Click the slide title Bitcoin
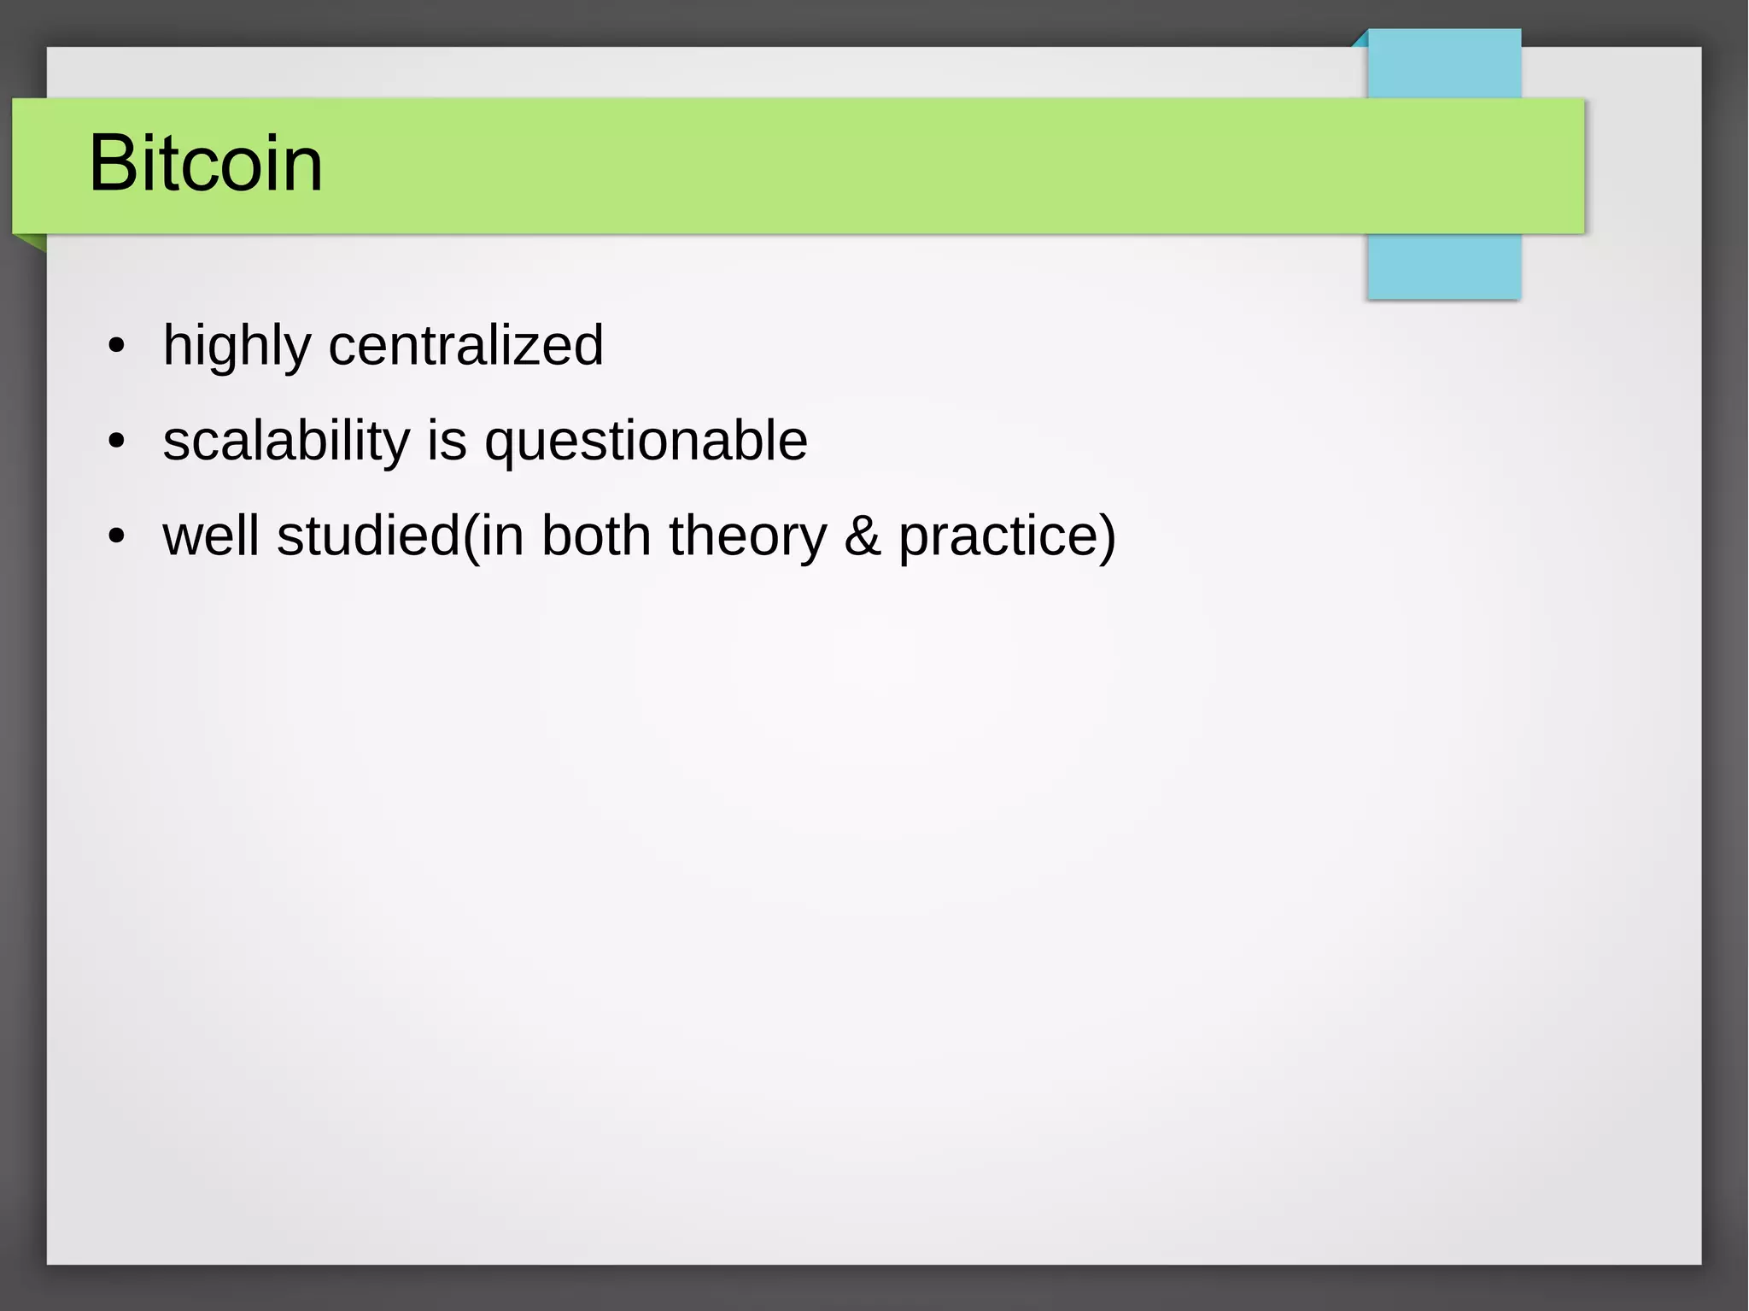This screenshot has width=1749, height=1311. click(x=206, y=163)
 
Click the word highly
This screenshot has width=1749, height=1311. click(x=237, y=346)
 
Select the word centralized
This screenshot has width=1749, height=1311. click(x=465, y=345)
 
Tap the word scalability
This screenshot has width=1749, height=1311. click(x=286, y=442)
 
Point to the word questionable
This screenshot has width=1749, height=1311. click(x=646, y=442)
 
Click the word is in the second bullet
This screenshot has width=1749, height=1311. click(x=447, y=441)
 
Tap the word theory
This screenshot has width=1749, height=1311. click(x=747, y=537)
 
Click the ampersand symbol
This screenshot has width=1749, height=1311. click(x=863, y=536)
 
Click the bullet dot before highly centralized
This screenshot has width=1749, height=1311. click(x=116, y=347)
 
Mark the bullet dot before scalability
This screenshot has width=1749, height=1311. click(x=116, y=442)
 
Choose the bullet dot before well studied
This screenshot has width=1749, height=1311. click(x=116, y=537)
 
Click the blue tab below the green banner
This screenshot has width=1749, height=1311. click(x=1443, y=266)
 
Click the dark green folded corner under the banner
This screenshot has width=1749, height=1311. click(x=32, y=242)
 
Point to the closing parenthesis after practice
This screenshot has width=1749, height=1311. click(x=1107, y=537)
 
